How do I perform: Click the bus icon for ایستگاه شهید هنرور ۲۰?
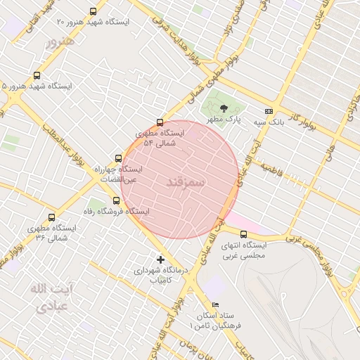(94, 11)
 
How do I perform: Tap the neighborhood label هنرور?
(59, 42)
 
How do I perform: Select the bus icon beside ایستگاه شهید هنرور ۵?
(37, 75)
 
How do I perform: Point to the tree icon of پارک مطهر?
(224, 108)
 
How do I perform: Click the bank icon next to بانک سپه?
(269, 111)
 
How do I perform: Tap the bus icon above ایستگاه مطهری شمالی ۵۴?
(160, 122)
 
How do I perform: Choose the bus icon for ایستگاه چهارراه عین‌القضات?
(117, 158)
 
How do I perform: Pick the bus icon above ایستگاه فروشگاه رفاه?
(116, 200)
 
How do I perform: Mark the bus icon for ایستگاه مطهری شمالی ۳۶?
(51, 217)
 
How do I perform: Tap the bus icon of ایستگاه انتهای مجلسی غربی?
(244, 234)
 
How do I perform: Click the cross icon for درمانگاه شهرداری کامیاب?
(161, 259)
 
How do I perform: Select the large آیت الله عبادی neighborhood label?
(51, 297)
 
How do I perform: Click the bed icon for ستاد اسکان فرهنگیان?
(215, 304)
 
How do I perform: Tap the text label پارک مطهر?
(224, 120)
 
